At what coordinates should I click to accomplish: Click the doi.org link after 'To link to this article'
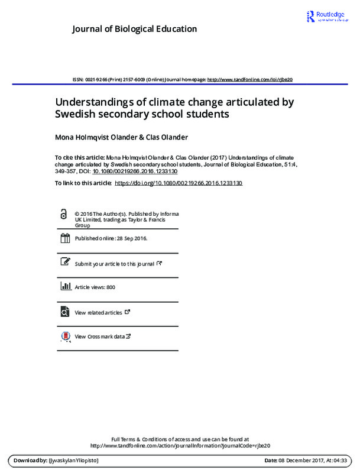(178, 183)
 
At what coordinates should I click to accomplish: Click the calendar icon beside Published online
(64, 239)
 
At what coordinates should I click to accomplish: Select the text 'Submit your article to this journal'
(114, 264)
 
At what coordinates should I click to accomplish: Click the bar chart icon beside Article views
(64, 287)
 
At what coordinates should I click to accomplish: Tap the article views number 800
(111, 287)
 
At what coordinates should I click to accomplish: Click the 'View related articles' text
(98, 312)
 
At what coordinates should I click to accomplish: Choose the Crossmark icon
(64, 336)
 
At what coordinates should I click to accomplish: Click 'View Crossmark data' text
(99, 336)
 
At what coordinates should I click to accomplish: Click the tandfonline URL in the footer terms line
(180, 445)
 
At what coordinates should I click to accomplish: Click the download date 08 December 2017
(300, 460)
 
